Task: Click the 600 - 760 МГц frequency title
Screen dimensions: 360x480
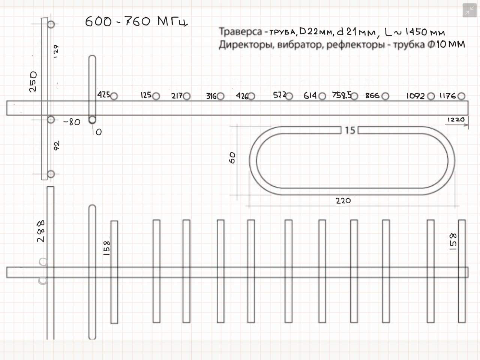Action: click(136, 21)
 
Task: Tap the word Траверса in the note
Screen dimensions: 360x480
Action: click(240, 31)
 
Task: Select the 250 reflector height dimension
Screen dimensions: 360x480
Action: click(33, 81)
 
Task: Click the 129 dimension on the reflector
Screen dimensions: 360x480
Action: click(56, 51)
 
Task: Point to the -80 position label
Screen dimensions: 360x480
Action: click(72, 122)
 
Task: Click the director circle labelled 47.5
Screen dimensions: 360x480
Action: click(114, 96)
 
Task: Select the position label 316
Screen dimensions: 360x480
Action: click(211, 96)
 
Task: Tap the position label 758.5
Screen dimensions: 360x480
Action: click(342, 95)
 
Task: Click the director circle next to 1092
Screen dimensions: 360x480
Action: click(431, 96)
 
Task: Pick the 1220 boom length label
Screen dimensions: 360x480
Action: click(456, 120)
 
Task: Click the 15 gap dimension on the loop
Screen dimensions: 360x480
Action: click(350, 130)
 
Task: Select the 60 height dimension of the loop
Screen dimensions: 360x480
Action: click(232, 157)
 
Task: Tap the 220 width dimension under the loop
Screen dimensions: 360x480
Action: click(343, 201)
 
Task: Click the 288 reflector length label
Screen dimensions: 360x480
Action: click(40, 231)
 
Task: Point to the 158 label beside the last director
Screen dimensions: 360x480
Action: click(453, 241)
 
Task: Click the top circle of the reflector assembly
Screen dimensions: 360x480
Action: click(51, 24)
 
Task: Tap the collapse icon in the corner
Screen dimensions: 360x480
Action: click(469, 10)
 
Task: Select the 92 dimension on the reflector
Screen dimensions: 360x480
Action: click(57, 146)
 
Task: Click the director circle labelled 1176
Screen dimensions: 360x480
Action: click(461, 96)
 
